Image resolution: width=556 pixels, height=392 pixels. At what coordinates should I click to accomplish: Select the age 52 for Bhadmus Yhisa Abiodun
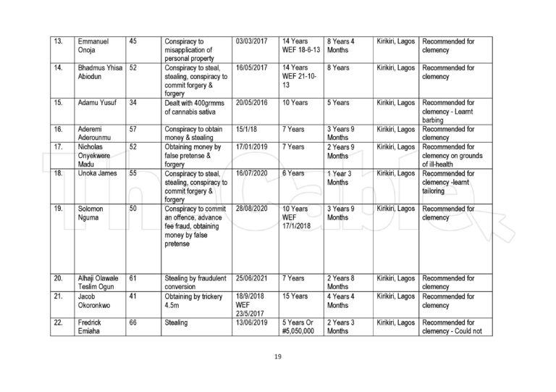tap(133, 67)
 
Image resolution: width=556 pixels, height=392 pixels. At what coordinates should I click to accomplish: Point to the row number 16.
tap(59, 128)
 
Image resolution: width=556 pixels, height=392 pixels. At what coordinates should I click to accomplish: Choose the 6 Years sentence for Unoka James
tap(293, 174)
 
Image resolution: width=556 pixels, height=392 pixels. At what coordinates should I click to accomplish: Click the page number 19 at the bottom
tap(278, 356)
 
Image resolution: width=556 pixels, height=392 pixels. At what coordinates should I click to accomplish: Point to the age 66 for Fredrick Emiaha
tap(133, 322)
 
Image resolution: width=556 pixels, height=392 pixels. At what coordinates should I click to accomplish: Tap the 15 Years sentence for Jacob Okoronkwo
tap(295, 296)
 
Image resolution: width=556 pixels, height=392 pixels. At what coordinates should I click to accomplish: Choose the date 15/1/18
tap(247, 128)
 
